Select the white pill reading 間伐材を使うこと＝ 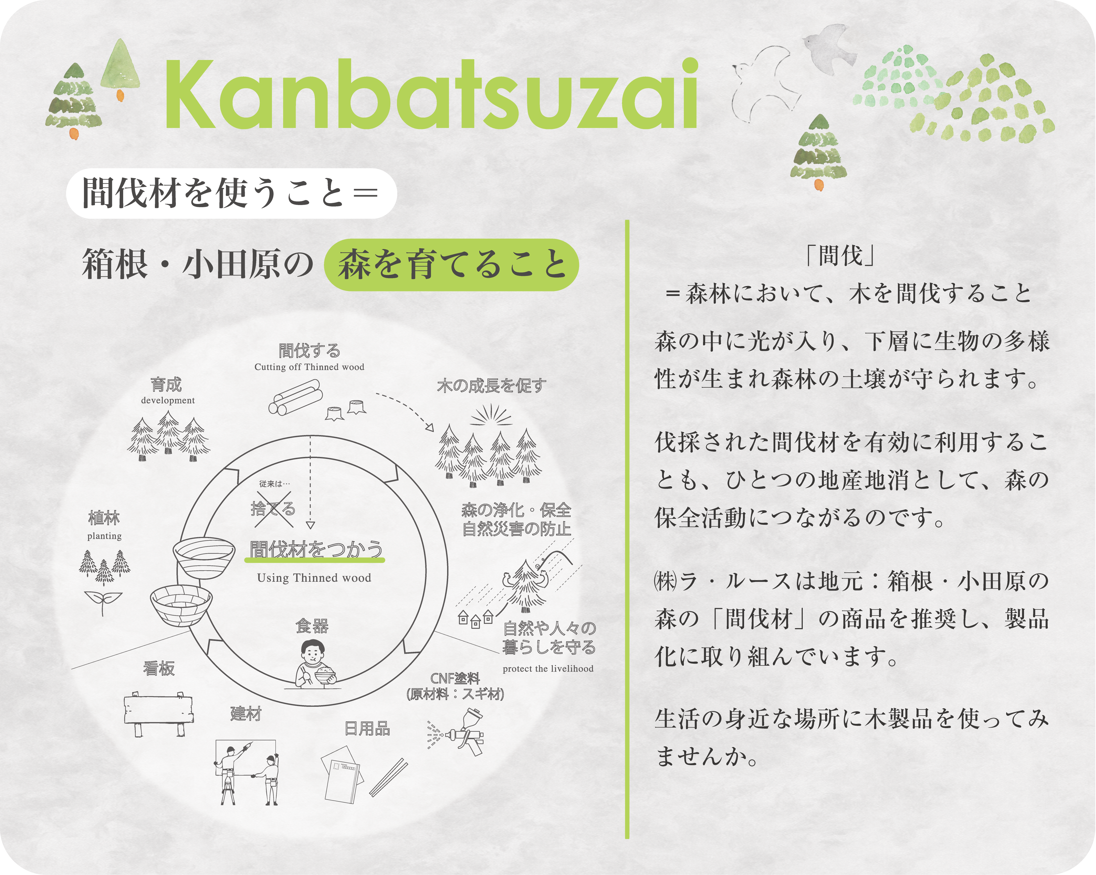pyautogui.click(x=231, y=193)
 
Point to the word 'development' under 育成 pyautogui.click(x=168, y=400)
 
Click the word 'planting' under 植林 pyautogui.click(x=104, y=536)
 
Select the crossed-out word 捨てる pyautogui.click(x=273, y=508)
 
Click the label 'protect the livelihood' pyautogui.click(x=548, y=669)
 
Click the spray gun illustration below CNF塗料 pyautogui.click(x=456, y=732)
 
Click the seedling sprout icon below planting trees pyautogui.click(x=103, y=603)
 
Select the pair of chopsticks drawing pyautogui.click(x=388, y=777)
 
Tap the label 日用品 pyautogui.click(x=367, y=729)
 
